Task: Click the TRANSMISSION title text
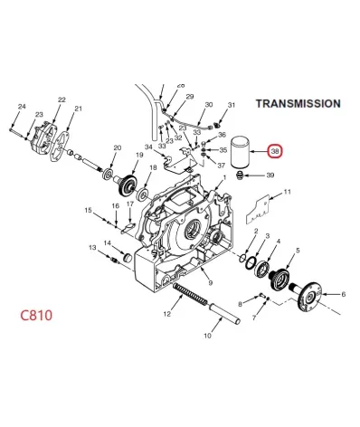tap(298, 103)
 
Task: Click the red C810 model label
tap(36, 316)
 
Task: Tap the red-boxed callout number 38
tap(275, 151)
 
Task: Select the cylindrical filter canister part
tap(241, 153)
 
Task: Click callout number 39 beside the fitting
tap(270, 176)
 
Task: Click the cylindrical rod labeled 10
tap(225, 314)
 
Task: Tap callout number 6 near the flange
tap(343, 294)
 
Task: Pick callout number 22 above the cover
tap(62, 100)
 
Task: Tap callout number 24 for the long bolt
tap(22, 107)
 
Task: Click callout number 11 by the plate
tap(288, 192)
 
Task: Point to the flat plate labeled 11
tap(258, 209)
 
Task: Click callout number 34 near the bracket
tap(148, 147)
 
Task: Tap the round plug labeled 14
tap(128, 258)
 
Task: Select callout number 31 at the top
tap(232, 105)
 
